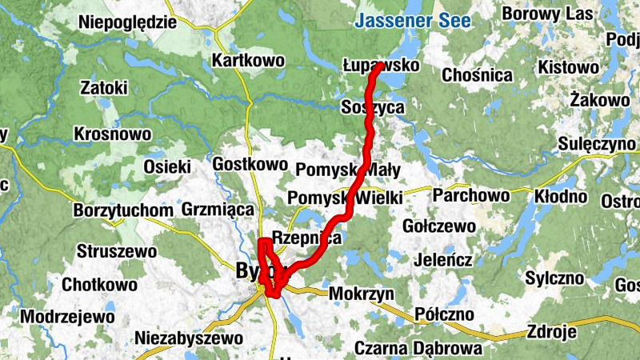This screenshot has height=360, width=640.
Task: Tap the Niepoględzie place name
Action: [x=127, y=22]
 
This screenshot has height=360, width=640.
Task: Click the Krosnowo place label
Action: [x=112, y=133]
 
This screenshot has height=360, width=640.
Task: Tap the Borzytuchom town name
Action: [x=122, y=210]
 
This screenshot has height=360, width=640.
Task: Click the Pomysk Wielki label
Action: [x=344, y=198]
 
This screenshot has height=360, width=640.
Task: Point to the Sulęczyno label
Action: [x=599, y=144]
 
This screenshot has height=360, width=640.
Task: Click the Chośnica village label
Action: [x=477, y=75]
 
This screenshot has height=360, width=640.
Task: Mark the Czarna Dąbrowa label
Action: [x=418, y=348]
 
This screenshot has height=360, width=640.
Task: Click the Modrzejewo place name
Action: [x=67, y=316]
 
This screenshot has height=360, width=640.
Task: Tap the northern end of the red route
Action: [x=377, y=67]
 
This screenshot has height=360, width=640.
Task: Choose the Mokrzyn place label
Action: [x=361, y=294]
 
